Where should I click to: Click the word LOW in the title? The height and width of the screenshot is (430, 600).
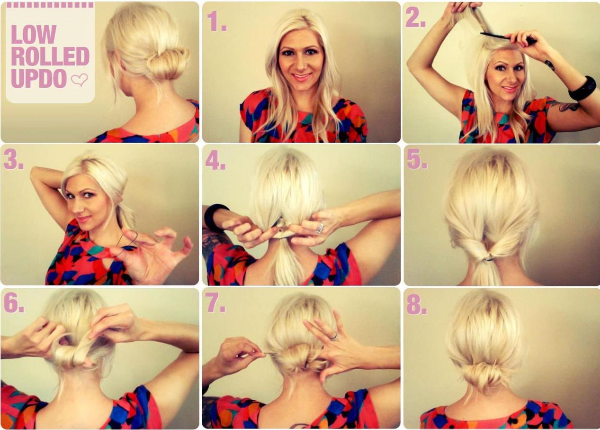click(33, 35)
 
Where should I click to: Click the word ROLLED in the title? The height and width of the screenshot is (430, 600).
click(50, 56)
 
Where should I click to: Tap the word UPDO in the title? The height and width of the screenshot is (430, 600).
click(38, 79)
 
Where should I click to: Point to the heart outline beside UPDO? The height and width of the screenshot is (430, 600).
click(80, 80)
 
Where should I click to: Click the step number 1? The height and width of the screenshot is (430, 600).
click(216, 21)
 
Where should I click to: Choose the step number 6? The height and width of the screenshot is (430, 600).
click(14, 303)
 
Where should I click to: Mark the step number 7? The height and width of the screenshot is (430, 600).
click(215, 303)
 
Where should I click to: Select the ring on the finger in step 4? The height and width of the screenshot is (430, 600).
click(320, 228)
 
